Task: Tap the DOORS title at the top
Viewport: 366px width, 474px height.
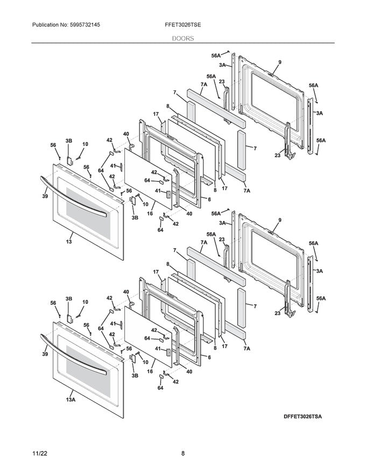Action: pyautogui.click(x=183, y=39)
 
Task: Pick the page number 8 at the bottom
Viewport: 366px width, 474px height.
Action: pyautogui.click(x=183, y=454)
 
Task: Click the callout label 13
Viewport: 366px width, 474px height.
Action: pyautogui.click(x=68, y=242)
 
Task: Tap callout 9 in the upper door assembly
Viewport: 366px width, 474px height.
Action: pyautogui.click(x=280, y=63)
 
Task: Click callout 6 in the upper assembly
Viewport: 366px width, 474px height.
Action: pyautogui.click(x=209, y=199)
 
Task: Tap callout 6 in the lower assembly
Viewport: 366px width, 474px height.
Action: pyautogui.click(x=209, y=357)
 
